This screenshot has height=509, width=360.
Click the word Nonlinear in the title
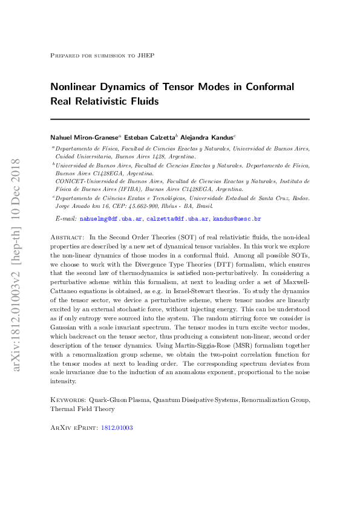pos(76,86)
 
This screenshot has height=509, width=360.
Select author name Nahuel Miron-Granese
pos(85,137)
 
